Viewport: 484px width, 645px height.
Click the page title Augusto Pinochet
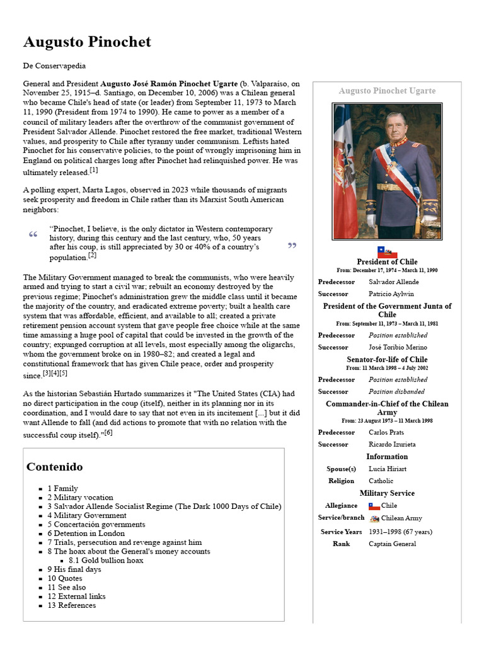pyautogui.click(x=87, y=42)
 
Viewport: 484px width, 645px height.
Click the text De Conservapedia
pyautogui.click(x=54, y=66)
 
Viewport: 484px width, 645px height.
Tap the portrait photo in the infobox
pyautogui.click(x=387, y=171)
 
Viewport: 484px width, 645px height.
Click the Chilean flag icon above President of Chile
pyautogui.click(x=387, y=252)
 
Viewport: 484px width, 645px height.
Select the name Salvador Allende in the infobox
pyautogui.click(x=393, y=282)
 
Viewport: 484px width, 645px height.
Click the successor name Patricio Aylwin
pyautogui.click(x=391, y=294)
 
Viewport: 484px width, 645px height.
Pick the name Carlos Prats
pyautogui.click(x=386, y=433)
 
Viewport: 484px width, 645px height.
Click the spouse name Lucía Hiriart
pyautogui.click(x=388, y=469)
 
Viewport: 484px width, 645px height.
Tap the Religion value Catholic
pyautogui.click(x=381, y=481)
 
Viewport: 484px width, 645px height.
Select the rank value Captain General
pyautogui.click(x=392, y=544)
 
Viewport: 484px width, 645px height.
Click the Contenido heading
pyautogui.click(x=54, y=467)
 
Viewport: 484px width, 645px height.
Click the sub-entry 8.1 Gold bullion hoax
pyautogui.click(x=106, y=561)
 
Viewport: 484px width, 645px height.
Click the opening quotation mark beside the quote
pyautogui.click(x=33, y=234)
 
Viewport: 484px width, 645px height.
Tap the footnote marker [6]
pyautogui.click(x=108, y=433)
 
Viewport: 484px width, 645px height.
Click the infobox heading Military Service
pyautogui.click(x=387, y=493)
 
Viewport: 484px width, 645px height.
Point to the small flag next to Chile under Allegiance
pyautogui.click(x=374, y=506)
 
